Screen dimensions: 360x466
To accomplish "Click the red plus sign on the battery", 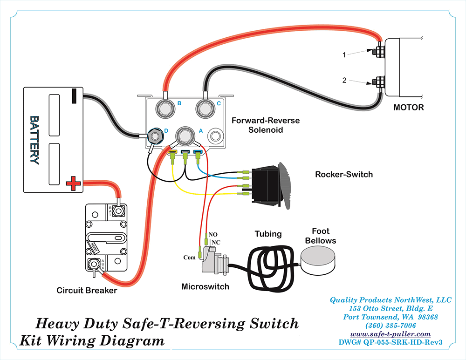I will point(73,183).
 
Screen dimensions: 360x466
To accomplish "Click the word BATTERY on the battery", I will point(35,140).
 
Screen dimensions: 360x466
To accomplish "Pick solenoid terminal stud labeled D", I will point(155,136).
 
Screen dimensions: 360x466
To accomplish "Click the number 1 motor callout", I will point(344,54).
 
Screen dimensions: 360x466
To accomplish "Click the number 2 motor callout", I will point(344,80).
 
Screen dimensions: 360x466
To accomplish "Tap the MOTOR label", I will point(409,108).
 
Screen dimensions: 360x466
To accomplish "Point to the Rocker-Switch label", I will point(344,175).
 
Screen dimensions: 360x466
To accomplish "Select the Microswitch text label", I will point(205,286).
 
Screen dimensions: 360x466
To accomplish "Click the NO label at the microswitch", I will point(213,234).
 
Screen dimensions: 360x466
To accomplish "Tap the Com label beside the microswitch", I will point(189,257).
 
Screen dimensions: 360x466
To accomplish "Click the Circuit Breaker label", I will point(87,291).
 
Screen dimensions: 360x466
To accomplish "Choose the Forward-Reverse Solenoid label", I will point(266,125).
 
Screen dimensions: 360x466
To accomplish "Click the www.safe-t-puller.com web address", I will point(391,334).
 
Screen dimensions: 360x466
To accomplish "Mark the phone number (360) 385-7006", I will point(391,325).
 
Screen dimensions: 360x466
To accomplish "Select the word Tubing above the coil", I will point(268,234).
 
